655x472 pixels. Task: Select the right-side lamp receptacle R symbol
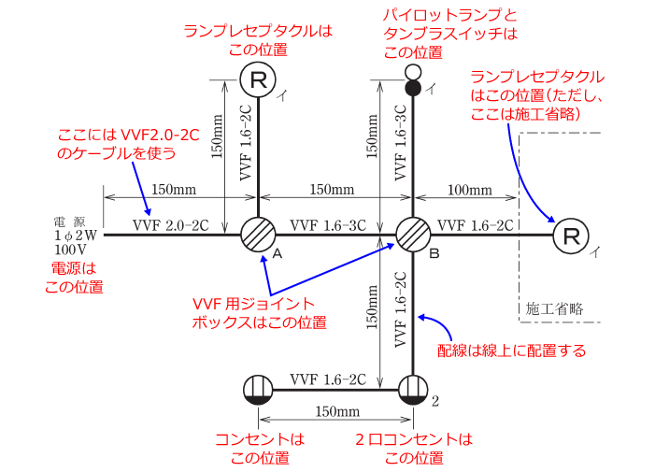pyautogui.click(x=570, y=235)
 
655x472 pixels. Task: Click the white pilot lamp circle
pyautogui.click(x=413, y=72)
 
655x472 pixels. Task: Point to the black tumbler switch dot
pyautogui.click(x=413, y=88)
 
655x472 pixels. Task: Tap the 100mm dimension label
pyautogui.click(x=469, y=190)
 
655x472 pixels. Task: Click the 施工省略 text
pyautogui.click(x=554, y=308)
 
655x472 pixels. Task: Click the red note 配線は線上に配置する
pyautogui.click(x=512, y=350)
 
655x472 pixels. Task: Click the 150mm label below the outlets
pyautogui.click(x=335, y=412)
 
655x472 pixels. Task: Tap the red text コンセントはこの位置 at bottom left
pyautogui.click(x=259, y=448)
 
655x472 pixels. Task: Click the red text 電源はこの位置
pyautogui.click(x=75, y=278)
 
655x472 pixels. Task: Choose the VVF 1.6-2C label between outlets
pyautogui.click(x=327, y=379)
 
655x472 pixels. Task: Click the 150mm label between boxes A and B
pyautogui.click(x=332, y=190)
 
